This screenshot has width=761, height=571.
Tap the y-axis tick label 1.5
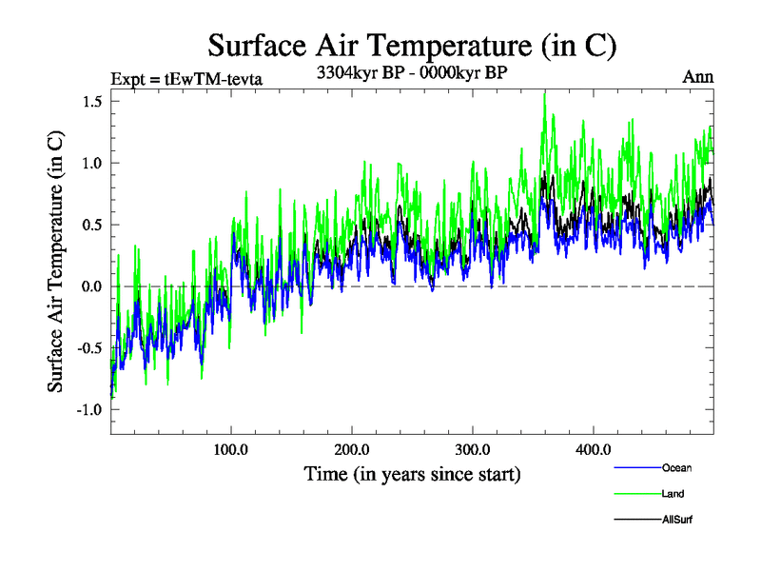pyautogui.click(x=91, y=102)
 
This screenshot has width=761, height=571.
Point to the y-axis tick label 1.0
pyautogui.click(x=91, y=163)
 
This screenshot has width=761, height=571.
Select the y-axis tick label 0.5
pyautogui.click(x=91, y=225)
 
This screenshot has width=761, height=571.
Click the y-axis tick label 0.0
pyautogui.click(x=91, y=286)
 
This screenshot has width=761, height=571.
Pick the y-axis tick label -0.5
pyautogui.click(x=88, y=348)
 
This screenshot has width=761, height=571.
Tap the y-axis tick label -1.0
pyautogui.click(x=88, y=410)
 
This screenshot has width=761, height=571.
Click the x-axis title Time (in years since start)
pyautogui.click(x=412, y=473)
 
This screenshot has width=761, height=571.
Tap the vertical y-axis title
pyautogui.click(x=56, y=260)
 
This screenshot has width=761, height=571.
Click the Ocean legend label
pyautogui.click(x=676, y=468)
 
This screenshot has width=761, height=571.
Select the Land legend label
pyautogui.click(x=673, y=494)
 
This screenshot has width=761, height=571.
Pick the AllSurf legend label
pyautogui.click(x=676, y=520)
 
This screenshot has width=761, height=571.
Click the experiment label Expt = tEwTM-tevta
pyautogui.click(x=186, y=78)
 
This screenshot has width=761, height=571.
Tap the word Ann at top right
pyautogui.click(x=698, y=77)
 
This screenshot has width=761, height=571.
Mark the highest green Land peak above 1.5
pyautogui.click(x=544, y=92)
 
